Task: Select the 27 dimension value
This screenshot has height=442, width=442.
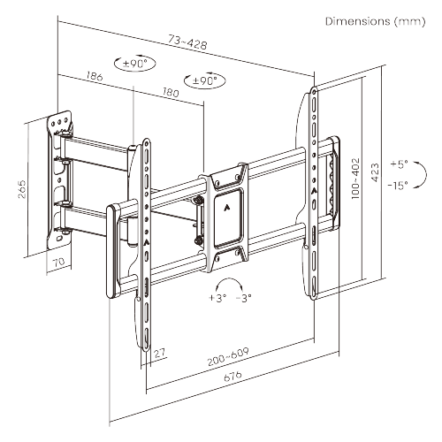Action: click(x=159, y=354)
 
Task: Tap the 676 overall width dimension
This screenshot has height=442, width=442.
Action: click(x=232, y=377)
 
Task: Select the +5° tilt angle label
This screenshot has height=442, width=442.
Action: click(x=399, y=164)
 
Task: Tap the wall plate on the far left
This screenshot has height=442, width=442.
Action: click(x=59, y=177)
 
